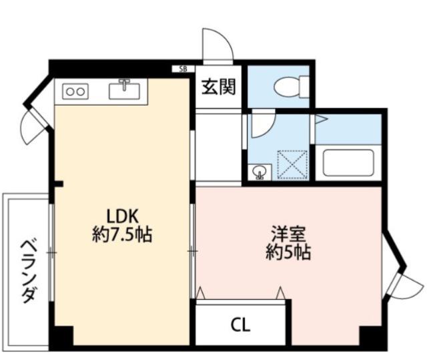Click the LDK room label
[x=122, y=216]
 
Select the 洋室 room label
[x=288, y=234]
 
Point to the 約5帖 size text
[x=288, y=253]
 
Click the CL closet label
[x=241, y=325]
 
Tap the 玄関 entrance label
[x=219, y=87]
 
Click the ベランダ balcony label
[x=27, y=271]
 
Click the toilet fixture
[x=292, y=85]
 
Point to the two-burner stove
[x=75, y=92]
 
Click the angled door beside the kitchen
[x=32, y=124]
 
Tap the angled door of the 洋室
[x=403, y=281]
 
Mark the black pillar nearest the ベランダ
[x=61, y=337]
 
